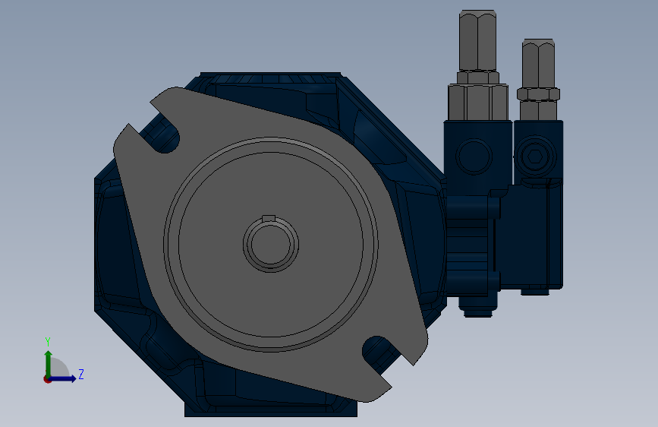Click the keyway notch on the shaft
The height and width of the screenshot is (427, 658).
tap(269, 218)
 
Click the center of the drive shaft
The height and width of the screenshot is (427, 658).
tap(271, 244)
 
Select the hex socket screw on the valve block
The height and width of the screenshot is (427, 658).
tap(534, 157)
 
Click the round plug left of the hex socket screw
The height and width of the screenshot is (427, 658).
tap(474, 156)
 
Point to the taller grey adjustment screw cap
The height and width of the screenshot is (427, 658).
tap(477, 40)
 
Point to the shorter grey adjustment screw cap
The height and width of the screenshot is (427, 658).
tap(538, 64)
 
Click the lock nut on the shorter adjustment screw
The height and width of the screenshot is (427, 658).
tap(538, 94)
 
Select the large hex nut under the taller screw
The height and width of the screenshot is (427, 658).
tap(478, 102)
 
